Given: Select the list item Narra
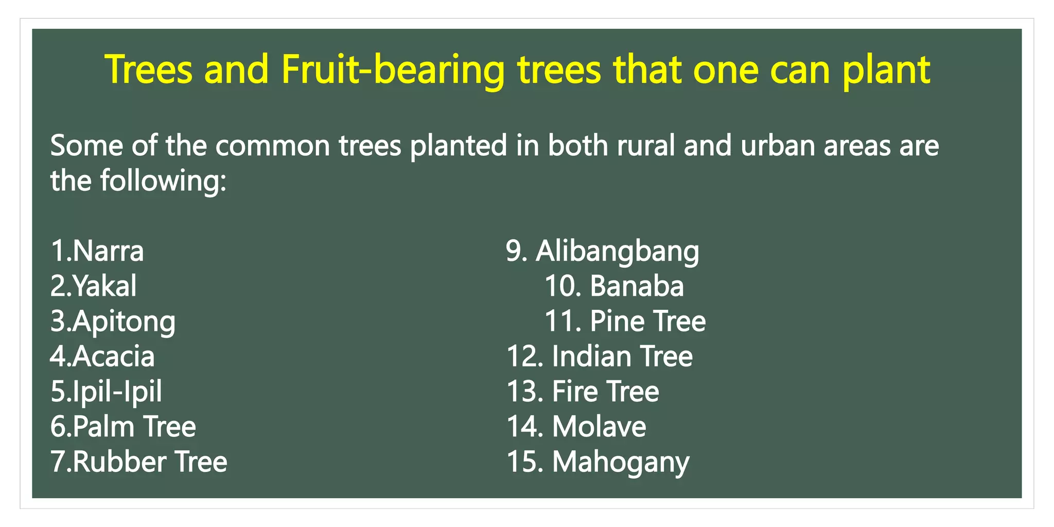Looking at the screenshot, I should point(108,251).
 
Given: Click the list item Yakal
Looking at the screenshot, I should point(104,286).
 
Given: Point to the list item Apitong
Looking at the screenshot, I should point(124,322).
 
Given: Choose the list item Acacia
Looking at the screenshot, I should point(113,357).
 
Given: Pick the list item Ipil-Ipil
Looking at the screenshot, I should point(117,392).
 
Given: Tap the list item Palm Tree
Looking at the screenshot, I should point(134,427).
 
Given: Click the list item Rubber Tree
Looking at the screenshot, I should point(150,462).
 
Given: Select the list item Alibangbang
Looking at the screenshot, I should point(617,251).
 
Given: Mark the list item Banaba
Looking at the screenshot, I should point(637,286).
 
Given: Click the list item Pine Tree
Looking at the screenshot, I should point(647,321).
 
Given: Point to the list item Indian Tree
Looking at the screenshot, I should point(622,357).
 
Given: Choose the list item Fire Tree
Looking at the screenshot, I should point(605,392).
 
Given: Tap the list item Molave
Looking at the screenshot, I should point(599,427).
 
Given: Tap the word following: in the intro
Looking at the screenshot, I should point(163,181).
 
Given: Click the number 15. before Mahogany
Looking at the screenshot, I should point(525,462).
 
